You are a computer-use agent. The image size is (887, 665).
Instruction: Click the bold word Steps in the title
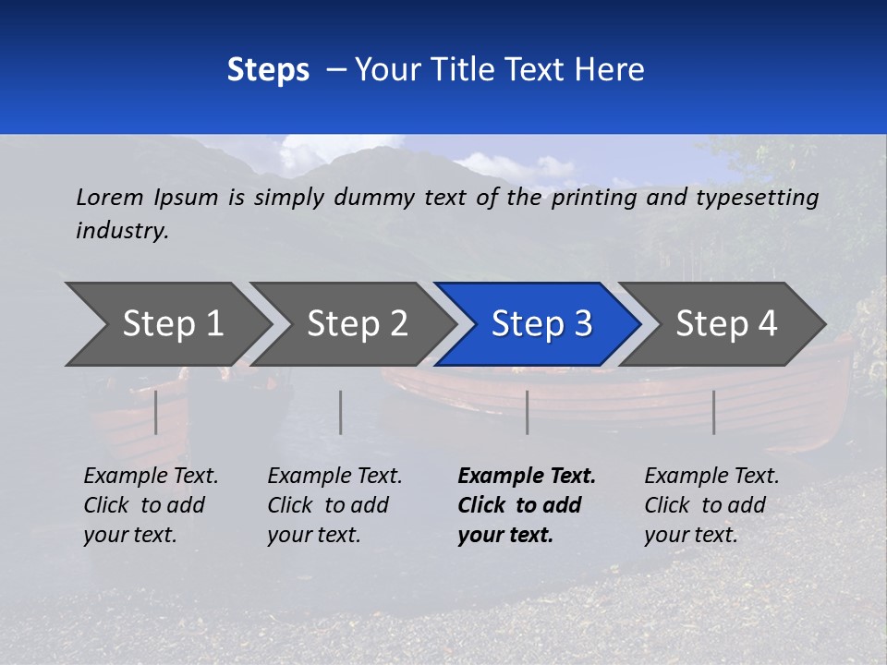(268, 70)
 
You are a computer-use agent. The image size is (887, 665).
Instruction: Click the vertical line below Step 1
(156, 412)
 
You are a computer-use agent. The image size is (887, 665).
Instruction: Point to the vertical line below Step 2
(341, 412)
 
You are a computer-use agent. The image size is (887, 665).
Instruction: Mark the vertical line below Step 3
(528, 412)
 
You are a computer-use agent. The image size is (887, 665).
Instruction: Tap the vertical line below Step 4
(713, 412)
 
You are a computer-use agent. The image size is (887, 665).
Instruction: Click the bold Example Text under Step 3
(527, 477)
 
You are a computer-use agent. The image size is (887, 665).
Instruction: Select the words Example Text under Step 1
(151, 477)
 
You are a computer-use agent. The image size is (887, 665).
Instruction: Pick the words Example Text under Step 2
(334, 477)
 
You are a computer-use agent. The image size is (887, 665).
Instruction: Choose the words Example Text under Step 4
(711, 477)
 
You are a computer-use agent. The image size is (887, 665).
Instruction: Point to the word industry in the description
(122, 231)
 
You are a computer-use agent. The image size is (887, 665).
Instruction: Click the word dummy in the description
(373, 198)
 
